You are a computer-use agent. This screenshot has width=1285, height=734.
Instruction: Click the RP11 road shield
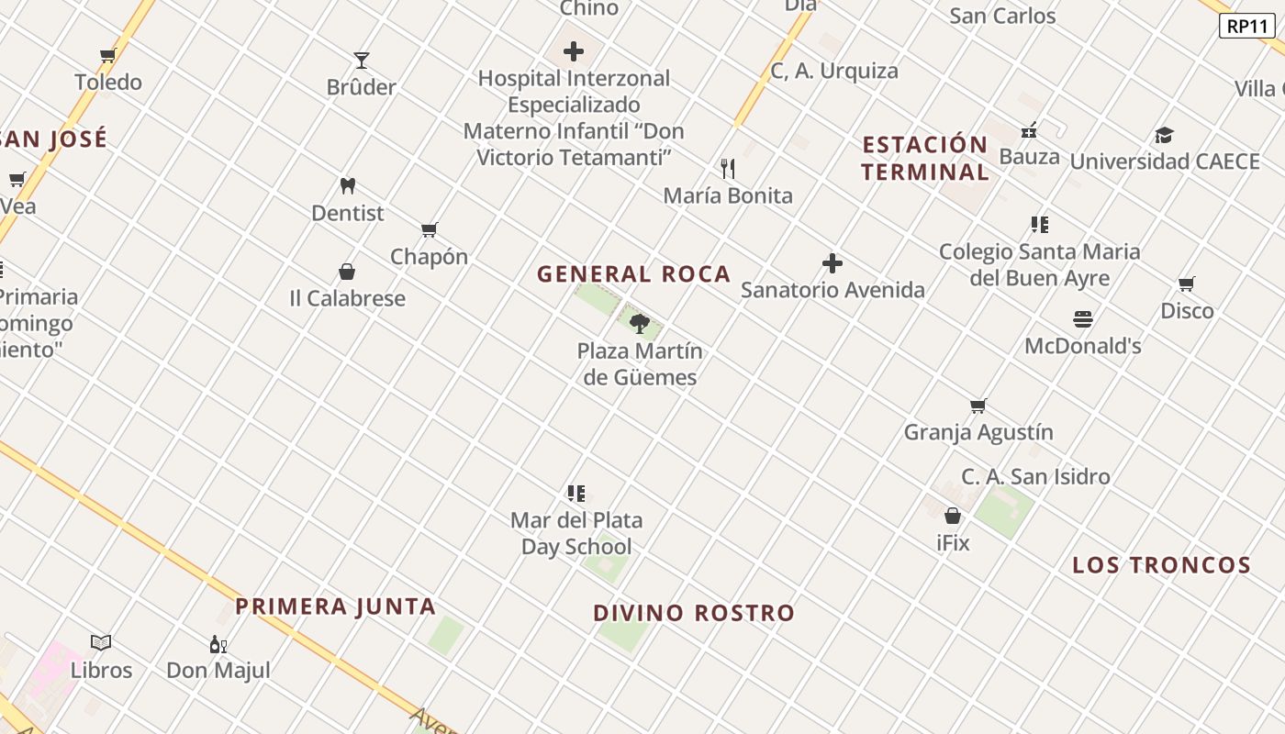[1247, 26]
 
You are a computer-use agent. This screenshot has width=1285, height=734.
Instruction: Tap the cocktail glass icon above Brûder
[362, 61]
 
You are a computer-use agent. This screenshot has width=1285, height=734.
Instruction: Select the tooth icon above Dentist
[347, 185]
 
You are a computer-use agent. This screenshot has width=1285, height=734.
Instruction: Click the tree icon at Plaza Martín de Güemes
[640, 323]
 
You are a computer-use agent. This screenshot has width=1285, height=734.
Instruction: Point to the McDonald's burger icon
[1083, 319]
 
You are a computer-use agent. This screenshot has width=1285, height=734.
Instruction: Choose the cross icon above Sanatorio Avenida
[832, 263]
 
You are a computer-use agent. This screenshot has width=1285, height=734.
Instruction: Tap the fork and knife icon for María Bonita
[728, 168]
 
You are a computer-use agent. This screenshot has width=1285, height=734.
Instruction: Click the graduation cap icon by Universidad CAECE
[1164, 135]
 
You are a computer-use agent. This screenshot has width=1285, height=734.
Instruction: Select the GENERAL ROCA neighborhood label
[633, 273]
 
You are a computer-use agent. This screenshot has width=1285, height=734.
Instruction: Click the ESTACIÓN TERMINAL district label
[924, 158]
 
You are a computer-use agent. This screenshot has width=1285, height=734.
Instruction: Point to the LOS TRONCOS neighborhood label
[1161, 565]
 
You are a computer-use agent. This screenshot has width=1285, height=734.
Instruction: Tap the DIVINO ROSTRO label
[693, 613]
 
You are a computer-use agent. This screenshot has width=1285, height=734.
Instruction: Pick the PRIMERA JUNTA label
[335, 606]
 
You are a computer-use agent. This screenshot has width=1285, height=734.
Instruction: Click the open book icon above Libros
[101, 643]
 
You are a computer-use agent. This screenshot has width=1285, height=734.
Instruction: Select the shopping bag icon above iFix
[953, 516]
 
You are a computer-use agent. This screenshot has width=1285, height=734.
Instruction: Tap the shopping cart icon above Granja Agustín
[978, 406]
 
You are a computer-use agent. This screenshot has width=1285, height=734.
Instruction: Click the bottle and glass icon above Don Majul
[218, 644]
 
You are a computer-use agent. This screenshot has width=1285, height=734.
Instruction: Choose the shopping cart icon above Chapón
[430, 229]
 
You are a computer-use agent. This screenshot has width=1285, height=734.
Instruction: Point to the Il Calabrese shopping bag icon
[347, 272]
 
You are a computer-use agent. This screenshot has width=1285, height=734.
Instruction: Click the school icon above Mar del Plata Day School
[576, 494]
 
